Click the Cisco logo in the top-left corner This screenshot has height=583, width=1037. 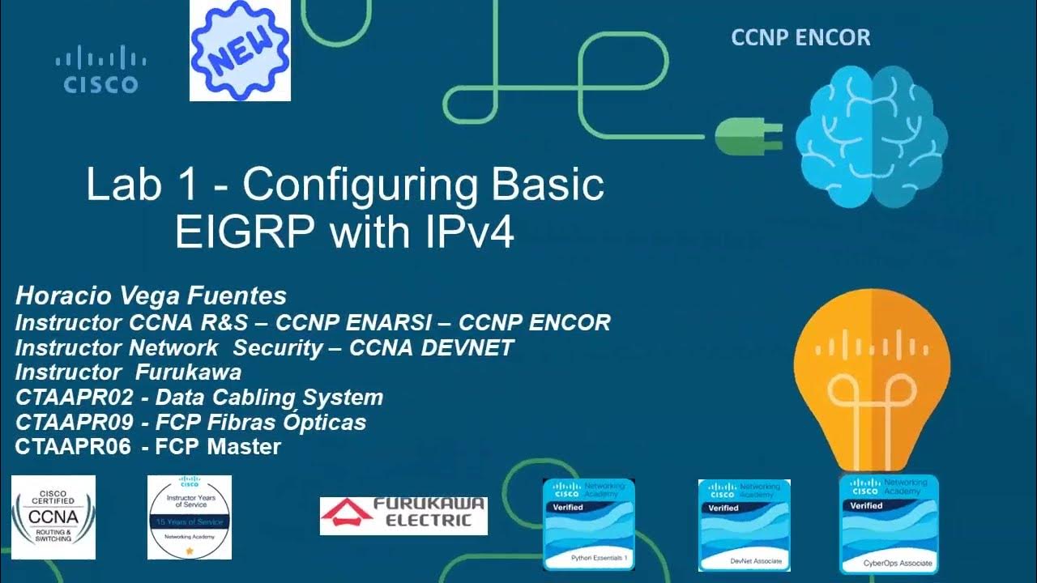pos(101,70)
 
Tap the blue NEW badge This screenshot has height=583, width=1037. pos(240,50)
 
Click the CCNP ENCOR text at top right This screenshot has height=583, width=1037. pos(800,37)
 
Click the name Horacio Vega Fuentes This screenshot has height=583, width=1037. pos(151,296)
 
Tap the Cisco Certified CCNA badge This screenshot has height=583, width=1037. pos(53,517)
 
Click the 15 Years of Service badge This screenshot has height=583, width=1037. pos(190,517)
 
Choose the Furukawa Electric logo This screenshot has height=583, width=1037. pos(403,515)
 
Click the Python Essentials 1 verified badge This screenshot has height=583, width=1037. pos(588,525)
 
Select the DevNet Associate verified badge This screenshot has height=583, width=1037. pos(745,525)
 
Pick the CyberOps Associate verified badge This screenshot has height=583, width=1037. pos(889,525)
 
